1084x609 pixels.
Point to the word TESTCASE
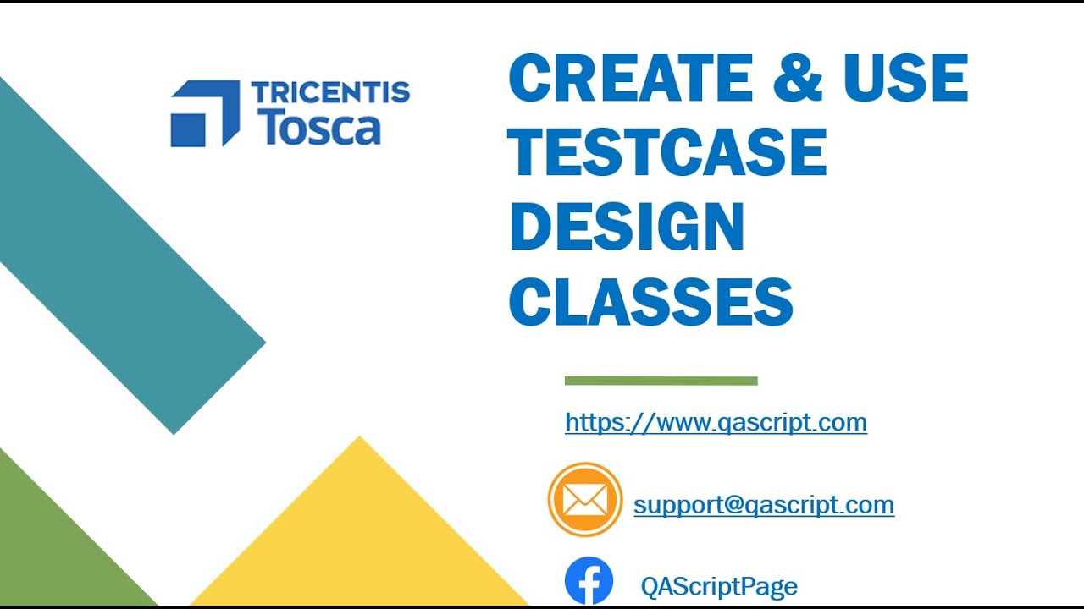[667, 152]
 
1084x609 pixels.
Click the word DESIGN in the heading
[627, 228]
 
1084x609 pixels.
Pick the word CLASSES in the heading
[650, 302]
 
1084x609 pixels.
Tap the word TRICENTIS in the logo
[330, 92]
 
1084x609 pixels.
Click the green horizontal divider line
[661, 381]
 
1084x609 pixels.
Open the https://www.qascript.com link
[716, 421]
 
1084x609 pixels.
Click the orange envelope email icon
[584, 499]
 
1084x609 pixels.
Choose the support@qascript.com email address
[764, 505]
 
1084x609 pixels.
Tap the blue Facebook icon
[589, 581]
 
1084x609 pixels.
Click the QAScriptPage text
[719, 586]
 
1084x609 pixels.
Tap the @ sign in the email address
[734, 505]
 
